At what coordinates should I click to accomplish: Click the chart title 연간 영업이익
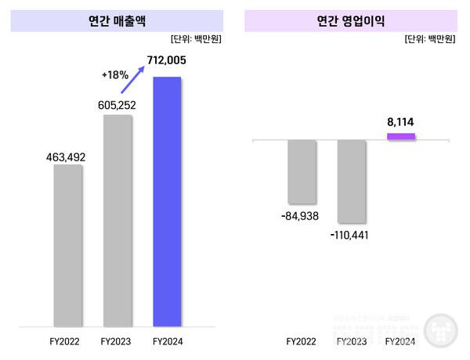coord(351,21)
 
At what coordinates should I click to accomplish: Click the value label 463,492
coord(67,157)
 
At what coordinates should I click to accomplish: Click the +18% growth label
coord(116,75)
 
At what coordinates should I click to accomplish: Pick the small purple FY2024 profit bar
coord(401,137)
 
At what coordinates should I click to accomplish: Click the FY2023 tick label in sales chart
coord(117,341)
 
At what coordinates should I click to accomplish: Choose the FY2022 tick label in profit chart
coord(302,341)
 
